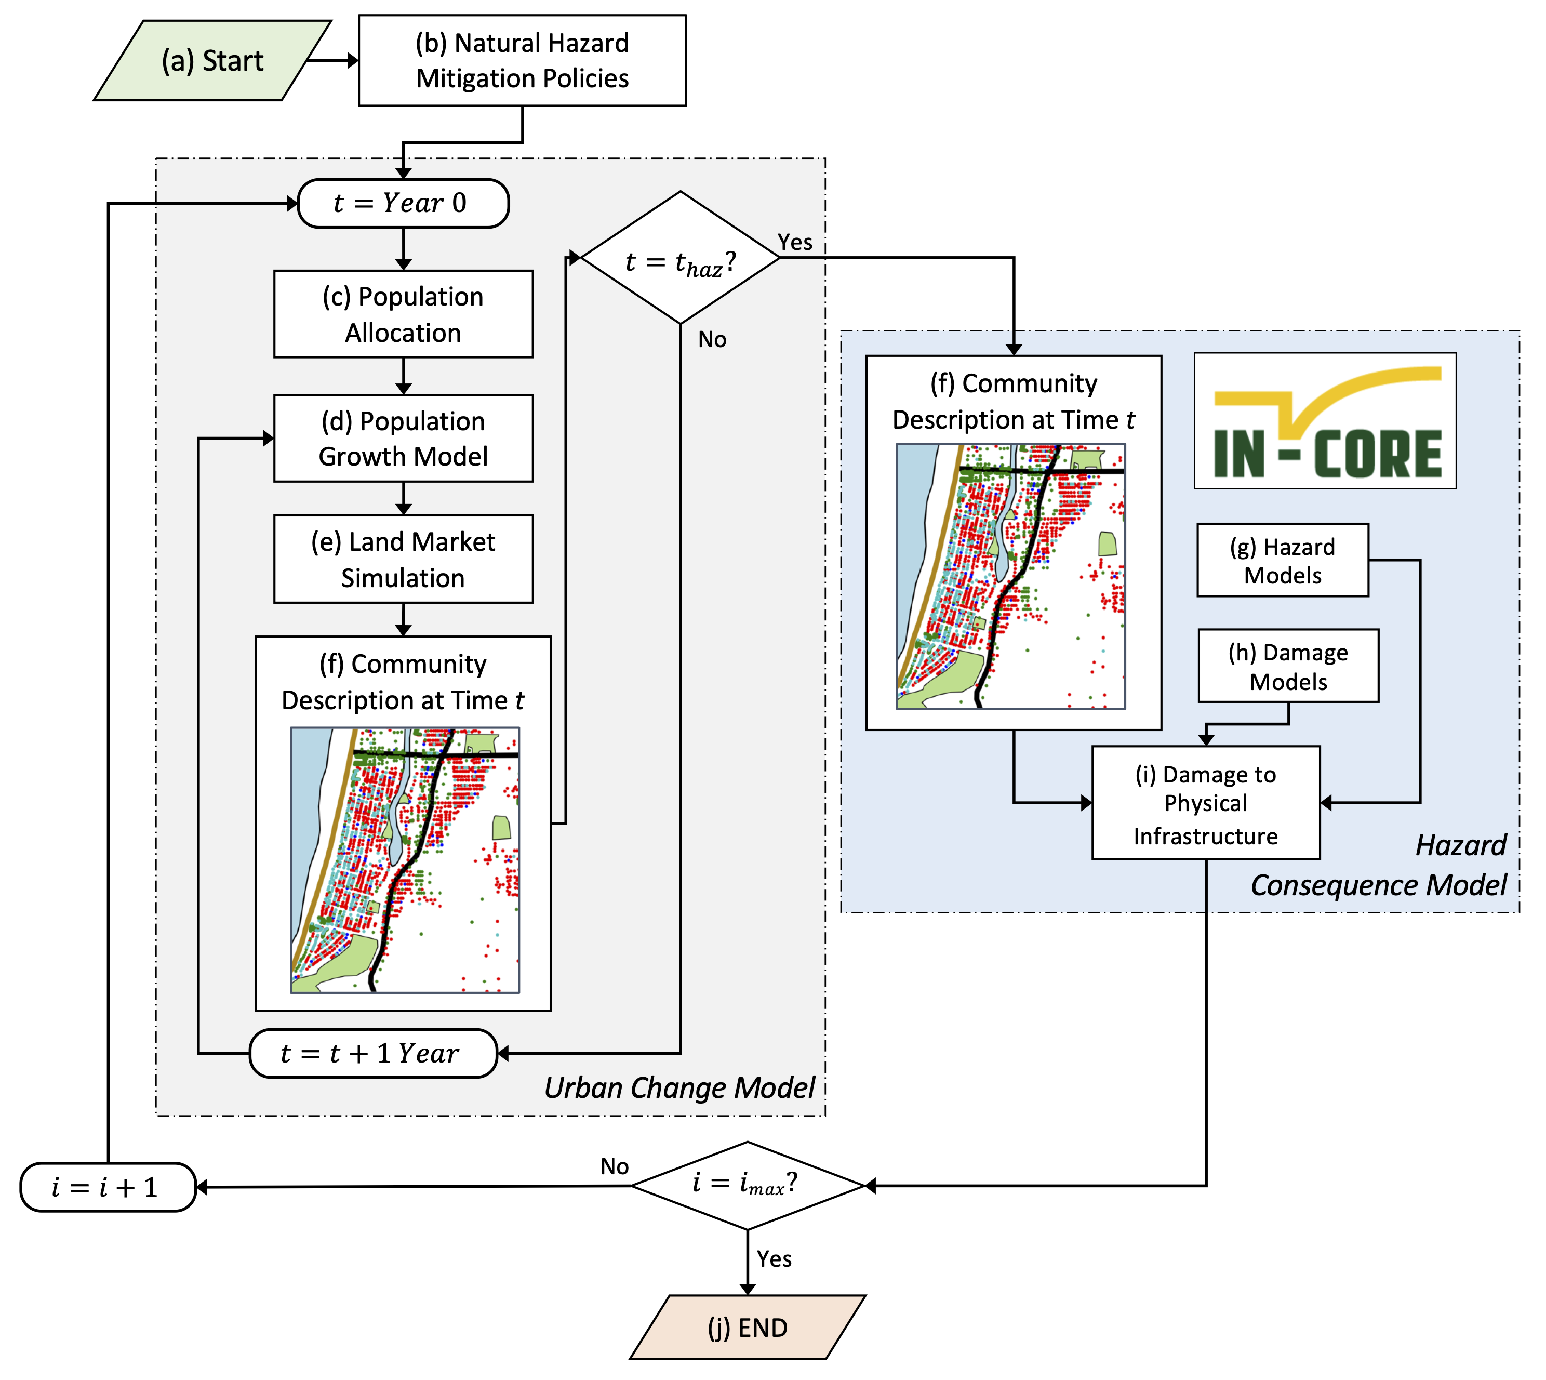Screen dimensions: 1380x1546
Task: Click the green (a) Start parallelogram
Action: point(212,61)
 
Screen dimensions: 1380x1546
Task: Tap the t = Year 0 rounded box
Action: point(403,203)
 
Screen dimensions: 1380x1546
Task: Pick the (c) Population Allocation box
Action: point(403,314)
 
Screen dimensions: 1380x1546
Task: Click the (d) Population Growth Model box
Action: point(403,438)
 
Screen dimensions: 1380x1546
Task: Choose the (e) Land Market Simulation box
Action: point(403,560)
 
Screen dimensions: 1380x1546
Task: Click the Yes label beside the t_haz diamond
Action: point(795,243)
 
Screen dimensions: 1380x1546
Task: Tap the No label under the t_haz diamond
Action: point(712,340)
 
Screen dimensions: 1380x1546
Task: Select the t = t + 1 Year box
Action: point(373,1053)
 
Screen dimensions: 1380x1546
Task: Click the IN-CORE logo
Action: point(1325,421)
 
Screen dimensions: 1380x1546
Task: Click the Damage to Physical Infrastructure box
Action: point(1206,803)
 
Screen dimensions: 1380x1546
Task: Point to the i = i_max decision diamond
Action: point(748,1185)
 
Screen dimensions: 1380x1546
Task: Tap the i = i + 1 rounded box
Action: point(108,1187)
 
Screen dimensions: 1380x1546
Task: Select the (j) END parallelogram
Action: point(748,1328)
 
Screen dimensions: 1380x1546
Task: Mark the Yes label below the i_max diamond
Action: point(774,1259)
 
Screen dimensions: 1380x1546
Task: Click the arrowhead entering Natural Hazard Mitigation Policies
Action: point(353,61)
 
